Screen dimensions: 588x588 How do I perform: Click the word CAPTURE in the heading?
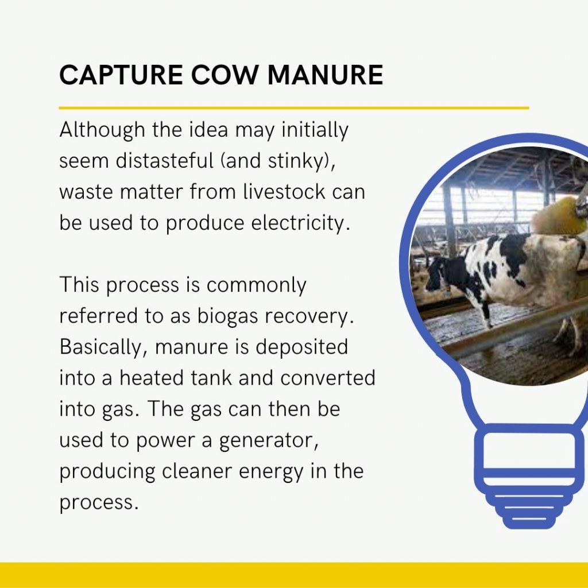(121, 75)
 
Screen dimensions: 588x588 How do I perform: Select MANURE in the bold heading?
(325, 75)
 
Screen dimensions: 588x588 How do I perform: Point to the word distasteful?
(165, 161)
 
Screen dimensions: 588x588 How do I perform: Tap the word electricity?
(300, 224)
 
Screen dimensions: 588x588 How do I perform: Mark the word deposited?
(302, 347)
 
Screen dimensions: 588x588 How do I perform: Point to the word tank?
(211, 377)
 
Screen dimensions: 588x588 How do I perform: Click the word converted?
(328, 377)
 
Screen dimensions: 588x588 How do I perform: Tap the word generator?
(269, 441)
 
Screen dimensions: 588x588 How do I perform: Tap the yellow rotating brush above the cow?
(559, 216)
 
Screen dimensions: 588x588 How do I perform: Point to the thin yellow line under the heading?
(294, 108)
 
